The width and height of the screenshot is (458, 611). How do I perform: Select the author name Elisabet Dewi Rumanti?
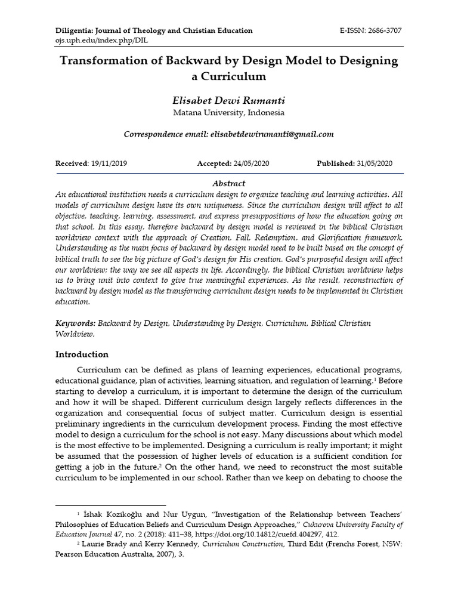[x=228, y=100]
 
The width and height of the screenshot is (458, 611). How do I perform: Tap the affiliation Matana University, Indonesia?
[x=228, y=112]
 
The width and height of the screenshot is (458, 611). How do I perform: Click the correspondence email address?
[x=272, y=134]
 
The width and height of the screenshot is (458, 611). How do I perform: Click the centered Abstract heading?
[x=228, y=183]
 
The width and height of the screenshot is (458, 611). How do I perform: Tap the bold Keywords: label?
[x=76, y=323]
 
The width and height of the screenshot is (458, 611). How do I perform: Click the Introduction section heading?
[x=82, y=354]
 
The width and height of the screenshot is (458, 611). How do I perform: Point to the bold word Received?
[x=71, y=163]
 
